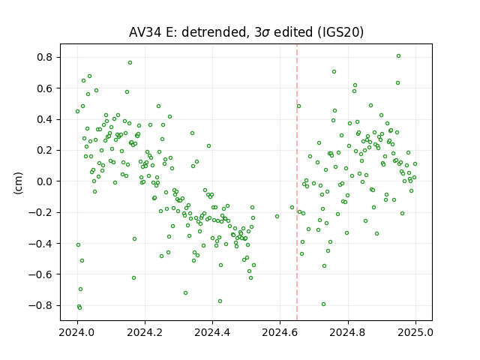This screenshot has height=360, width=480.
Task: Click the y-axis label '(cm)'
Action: [x=18, y=183]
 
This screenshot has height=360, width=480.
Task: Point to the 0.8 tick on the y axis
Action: [x=45, y=57]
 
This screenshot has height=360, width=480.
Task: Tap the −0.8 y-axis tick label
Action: [x=41, y=305]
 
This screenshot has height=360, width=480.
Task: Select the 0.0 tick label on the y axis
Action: [x=45, y=181]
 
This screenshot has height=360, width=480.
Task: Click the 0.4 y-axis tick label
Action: [x=45, y=119]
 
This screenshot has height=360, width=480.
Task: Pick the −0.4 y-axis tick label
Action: [x=41, y=243]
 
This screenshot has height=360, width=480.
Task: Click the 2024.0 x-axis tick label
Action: [x=77, y=332]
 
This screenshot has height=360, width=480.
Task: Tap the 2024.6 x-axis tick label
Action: [x=280, y=332]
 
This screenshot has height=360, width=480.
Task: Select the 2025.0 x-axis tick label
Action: [x=415, y=332]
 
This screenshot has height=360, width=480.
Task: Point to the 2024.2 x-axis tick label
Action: [x=145, y=332]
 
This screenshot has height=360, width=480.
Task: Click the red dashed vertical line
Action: [x=297, y=182]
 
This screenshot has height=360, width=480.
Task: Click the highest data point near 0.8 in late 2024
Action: [x=398, y=56]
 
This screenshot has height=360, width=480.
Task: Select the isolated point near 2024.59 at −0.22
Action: [x=277, y=217]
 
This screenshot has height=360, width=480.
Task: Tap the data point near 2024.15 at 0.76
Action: [x=130, y=63]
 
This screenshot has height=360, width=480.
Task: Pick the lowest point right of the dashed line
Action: [x=323, y=304]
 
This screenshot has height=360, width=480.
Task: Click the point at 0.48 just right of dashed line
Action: [x=299, y=106]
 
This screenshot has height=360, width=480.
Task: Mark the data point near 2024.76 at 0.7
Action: [x=334, y=72]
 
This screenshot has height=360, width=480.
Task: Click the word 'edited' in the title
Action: [x=293, y=32]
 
